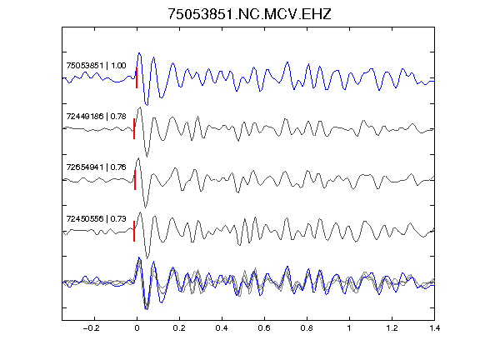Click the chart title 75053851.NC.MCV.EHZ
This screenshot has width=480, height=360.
[x=249, y=14]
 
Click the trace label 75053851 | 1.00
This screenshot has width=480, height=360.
[x=96, y=66]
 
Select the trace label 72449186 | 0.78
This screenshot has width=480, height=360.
[x=96, y=117]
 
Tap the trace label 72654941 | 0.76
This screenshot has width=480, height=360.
[x=96, y=167]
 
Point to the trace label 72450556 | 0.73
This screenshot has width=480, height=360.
[x=96, y=218]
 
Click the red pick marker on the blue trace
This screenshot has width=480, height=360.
[x=137, y=78]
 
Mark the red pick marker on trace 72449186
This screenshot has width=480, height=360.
[x=134, y=129]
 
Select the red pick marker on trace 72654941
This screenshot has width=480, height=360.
[x=135, y=180]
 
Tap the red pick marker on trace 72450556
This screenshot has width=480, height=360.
[x=134, y=231]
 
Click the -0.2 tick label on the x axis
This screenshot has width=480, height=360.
[x=91, y=328]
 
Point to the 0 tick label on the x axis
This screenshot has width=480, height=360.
[x=137, y=328]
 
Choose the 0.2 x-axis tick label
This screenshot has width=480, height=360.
[x=179, y=328]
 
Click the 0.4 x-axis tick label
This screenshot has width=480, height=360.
[x=222, y=328]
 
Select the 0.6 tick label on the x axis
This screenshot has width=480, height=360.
[x=264, y=328]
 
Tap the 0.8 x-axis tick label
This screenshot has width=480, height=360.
[x=307, y=328]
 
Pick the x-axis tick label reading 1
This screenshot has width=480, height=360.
[x=349, y=328]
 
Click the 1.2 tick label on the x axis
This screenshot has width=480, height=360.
[x=392, y=328]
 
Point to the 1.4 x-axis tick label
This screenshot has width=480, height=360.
[x=434, y=328]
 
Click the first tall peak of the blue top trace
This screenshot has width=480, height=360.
[x=139, y=53]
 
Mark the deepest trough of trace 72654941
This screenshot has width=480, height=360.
[x=145, y=207]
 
